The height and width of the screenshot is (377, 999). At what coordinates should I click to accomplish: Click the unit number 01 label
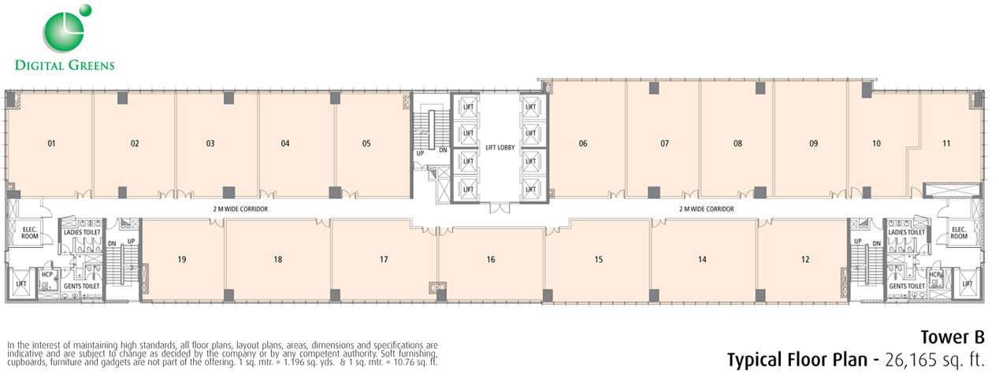[52, 143]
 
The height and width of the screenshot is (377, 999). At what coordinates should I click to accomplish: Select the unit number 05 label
[366, 143]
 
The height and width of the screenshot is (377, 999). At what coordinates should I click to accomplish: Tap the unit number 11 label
[946, 143]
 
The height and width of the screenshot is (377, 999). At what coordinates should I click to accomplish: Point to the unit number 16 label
[491, 260]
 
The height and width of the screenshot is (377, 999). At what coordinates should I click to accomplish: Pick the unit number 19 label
[182, 260]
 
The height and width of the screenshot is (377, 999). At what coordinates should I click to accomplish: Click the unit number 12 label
[805, 260]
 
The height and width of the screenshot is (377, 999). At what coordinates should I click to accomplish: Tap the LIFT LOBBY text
[500, 147]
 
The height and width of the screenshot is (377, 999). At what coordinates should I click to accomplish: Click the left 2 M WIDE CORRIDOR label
[240, 209]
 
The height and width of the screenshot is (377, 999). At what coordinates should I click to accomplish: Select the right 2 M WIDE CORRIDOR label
[707, 209]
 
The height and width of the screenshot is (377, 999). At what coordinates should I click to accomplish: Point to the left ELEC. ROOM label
[30, 233]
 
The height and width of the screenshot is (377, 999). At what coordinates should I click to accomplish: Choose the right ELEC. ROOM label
[959, 233]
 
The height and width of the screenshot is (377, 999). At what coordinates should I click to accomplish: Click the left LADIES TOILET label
[83, 232]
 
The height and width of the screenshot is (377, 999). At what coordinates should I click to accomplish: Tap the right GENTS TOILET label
[907, 286]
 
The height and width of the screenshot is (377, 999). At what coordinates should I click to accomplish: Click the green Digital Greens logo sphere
[64, 32]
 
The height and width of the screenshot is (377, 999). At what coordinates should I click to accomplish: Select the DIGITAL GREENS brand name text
[65, 65]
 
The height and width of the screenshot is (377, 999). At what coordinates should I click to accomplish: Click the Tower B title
[953, 338]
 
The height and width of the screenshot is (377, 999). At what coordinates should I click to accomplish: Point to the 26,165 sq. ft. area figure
[934, 360]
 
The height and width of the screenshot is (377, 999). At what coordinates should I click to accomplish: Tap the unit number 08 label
[737, 143]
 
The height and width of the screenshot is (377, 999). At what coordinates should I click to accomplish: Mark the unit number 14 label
[703, 260]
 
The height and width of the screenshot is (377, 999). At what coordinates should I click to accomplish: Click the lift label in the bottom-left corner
[21, 284]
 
